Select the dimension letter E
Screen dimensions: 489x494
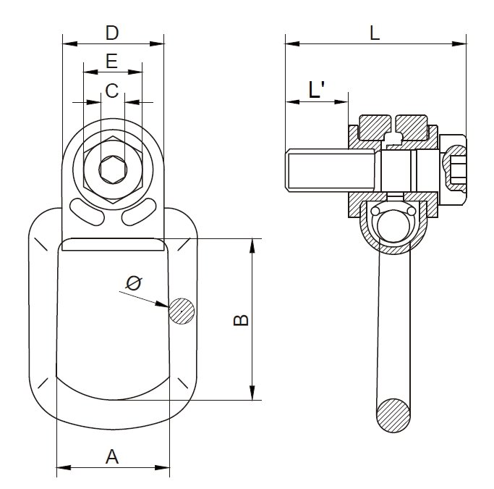(111, 62)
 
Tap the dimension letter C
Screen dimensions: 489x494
(111, 91)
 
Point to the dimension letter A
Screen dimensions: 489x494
(112, 456)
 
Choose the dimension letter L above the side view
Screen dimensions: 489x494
(374, 33)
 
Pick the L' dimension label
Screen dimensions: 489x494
(316, 90)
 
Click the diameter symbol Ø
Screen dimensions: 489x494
(134, 283)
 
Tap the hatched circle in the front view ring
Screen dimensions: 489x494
(182, 312)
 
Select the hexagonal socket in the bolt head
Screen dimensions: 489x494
(111, 171)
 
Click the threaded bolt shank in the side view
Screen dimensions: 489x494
(329, 170)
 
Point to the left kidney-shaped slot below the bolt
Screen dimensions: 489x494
(90, 212)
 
